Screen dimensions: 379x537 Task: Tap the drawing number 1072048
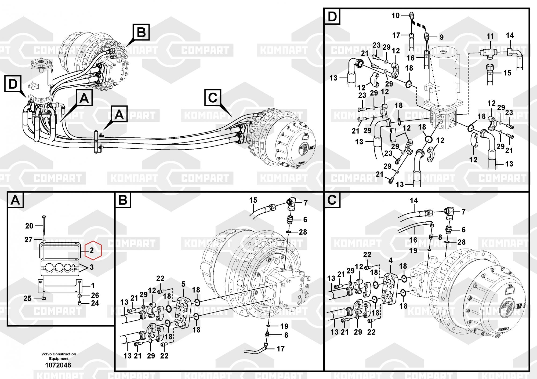click(58, 365)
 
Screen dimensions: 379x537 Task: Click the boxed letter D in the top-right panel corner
click(332, 17)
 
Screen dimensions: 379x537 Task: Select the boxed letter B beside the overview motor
click(141, 32)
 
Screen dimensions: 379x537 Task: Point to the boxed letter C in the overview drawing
click(212, 98)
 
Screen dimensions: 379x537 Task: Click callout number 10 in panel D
click(396, 16)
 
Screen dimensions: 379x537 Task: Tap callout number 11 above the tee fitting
click(490, 37)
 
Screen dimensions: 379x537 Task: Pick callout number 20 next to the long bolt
click(29, 226)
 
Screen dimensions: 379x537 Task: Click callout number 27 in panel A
click(28, 239)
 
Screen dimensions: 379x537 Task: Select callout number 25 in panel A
click(27, 298)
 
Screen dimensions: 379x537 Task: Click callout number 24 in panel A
click(95, 303)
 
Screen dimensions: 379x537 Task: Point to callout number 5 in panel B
click(184, 284)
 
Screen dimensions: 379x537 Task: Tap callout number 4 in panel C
click(391, 260)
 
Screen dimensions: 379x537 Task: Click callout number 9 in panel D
click(441, 38)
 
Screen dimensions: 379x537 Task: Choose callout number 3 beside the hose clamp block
click(92, 267)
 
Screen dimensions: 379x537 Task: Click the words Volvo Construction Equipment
click(59, 356)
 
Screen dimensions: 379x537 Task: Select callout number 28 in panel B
click(303, 232)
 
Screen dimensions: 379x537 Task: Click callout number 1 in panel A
click(93, 285)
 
